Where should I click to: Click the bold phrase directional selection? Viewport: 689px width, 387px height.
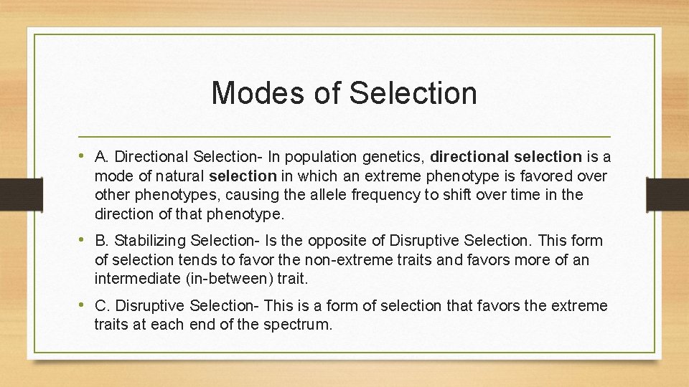[506, 156]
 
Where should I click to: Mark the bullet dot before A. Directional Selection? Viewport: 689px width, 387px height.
[83, 156]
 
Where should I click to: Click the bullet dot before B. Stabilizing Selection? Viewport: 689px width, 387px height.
[83, 239]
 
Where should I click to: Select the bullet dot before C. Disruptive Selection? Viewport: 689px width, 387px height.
[83, 305]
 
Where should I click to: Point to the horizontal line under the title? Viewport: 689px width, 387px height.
[344, 136]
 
